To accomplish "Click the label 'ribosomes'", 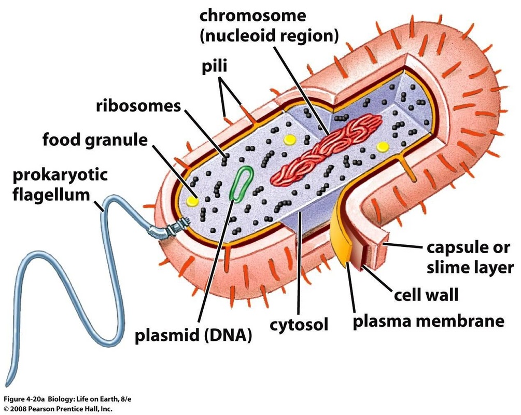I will tap(138, 106).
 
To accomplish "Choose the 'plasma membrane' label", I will tap(428, 321).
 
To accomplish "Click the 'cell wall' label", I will tap(426, 295).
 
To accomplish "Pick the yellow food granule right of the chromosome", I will tap(383, 147).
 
